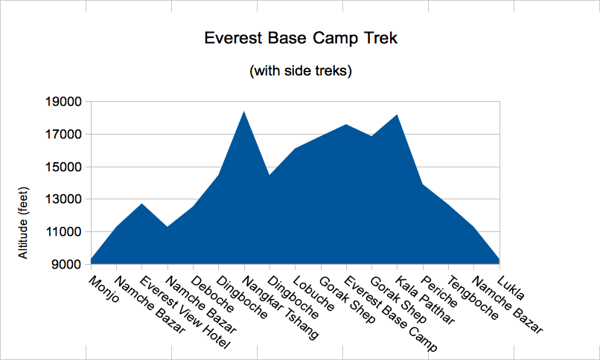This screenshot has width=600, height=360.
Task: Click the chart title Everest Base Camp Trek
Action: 301,39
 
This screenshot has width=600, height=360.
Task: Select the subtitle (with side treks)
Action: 301,71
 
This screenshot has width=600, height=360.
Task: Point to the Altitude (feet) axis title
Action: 23,223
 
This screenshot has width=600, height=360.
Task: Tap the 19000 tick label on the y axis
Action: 63,102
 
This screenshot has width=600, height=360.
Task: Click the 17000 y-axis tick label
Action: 63,134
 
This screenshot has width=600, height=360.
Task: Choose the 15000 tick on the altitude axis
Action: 63,167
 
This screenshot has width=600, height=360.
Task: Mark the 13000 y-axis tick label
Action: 63,199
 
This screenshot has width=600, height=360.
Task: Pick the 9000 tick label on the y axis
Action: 66,264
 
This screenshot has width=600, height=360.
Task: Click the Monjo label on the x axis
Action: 103,289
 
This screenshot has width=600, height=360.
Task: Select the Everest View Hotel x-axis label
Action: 185,312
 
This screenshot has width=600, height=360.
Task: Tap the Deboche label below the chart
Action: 212,294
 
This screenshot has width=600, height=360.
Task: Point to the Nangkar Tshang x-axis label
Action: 281,308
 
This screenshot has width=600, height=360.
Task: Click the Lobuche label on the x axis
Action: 314,293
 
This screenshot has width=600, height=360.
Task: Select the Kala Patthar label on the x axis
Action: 425,300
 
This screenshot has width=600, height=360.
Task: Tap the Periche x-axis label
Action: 439,292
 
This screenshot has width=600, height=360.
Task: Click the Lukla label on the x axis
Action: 511,288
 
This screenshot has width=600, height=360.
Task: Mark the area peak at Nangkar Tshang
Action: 244,112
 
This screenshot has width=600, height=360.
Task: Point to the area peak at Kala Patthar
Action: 398,115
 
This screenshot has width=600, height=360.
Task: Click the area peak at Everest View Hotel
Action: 142,204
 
